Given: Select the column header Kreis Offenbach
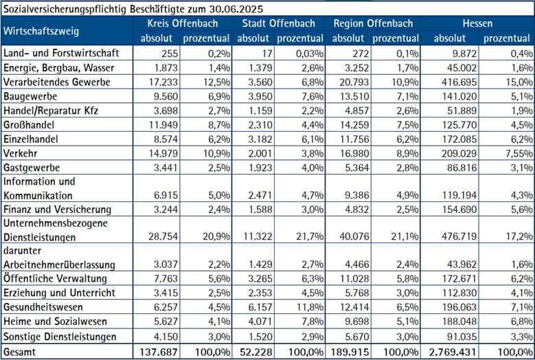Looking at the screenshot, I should pos(182,23).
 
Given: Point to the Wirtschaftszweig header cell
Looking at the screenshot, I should pos(41,31).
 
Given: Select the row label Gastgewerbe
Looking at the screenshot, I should pos(33,167).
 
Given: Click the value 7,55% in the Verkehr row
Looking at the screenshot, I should pos(514,153).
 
